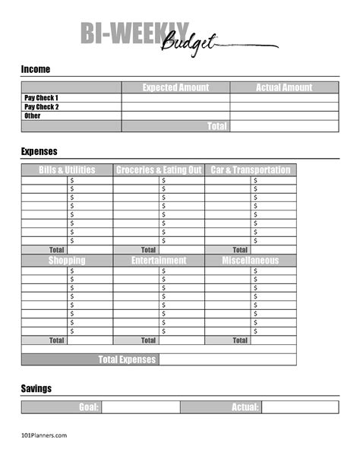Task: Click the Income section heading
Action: [x=36, y=69]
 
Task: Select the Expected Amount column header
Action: [x=175, y=87]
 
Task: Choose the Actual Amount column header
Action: [x=284, y=87]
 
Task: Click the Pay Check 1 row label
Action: [x=41, y=98]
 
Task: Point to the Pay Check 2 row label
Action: [x=41, y=107]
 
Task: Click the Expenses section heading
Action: [x=39, y=151]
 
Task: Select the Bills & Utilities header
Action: [x=67, y=170]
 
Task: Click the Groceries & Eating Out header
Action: [x=159, y=170]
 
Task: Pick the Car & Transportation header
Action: [x=251, y=170]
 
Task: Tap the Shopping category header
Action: [x=67, y=261]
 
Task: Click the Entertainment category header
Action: [x=159, y=261]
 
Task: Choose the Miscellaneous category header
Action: [x=251, y=261]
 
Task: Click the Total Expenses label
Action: [x=128, y=359]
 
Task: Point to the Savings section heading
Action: [x=36, y=388]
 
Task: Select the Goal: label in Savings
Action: [x=90, y=407]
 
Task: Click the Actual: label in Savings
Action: [x=245, y=407]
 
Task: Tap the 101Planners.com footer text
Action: [x=44, y=435]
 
